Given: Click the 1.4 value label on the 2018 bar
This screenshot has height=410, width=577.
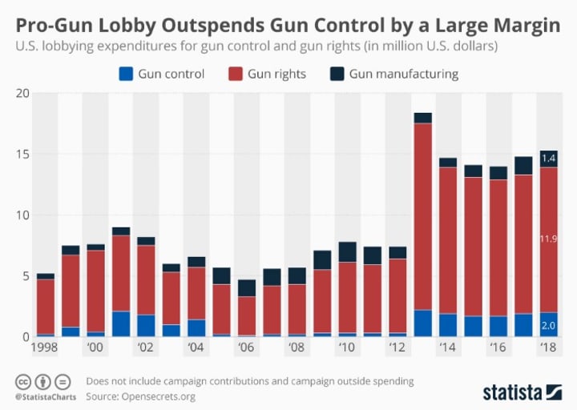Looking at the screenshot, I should [x=549, y=159].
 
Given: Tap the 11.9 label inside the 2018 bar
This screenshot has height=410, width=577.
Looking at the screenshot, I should [x=549, y=238].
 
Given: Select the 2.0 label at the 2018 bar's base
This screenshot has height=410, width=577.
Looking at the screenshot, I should [x=549, y=326].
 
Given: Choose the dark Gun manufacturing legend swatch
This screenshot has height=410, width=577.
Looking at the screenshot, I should [x=336, y=74].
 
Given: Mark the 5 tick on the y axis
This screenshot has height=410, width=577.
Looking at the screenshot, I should [x=26, y=276].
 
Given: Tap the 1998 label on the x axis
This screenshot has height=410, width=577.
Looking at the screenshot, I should [x=45, y=348].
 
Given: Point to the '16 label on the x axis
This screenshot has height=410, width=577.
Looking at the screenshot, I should [x=498, y=348].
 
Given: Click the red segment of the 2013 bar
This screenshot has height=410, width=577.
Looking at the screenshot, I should [x=423, y=216].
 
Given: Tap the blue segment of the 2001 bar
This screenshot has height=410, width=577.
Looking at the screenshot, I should [x=121, y=324].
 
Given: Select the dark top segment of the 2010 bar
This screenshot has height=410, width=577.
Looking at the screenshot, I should [x=348, y=252].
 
